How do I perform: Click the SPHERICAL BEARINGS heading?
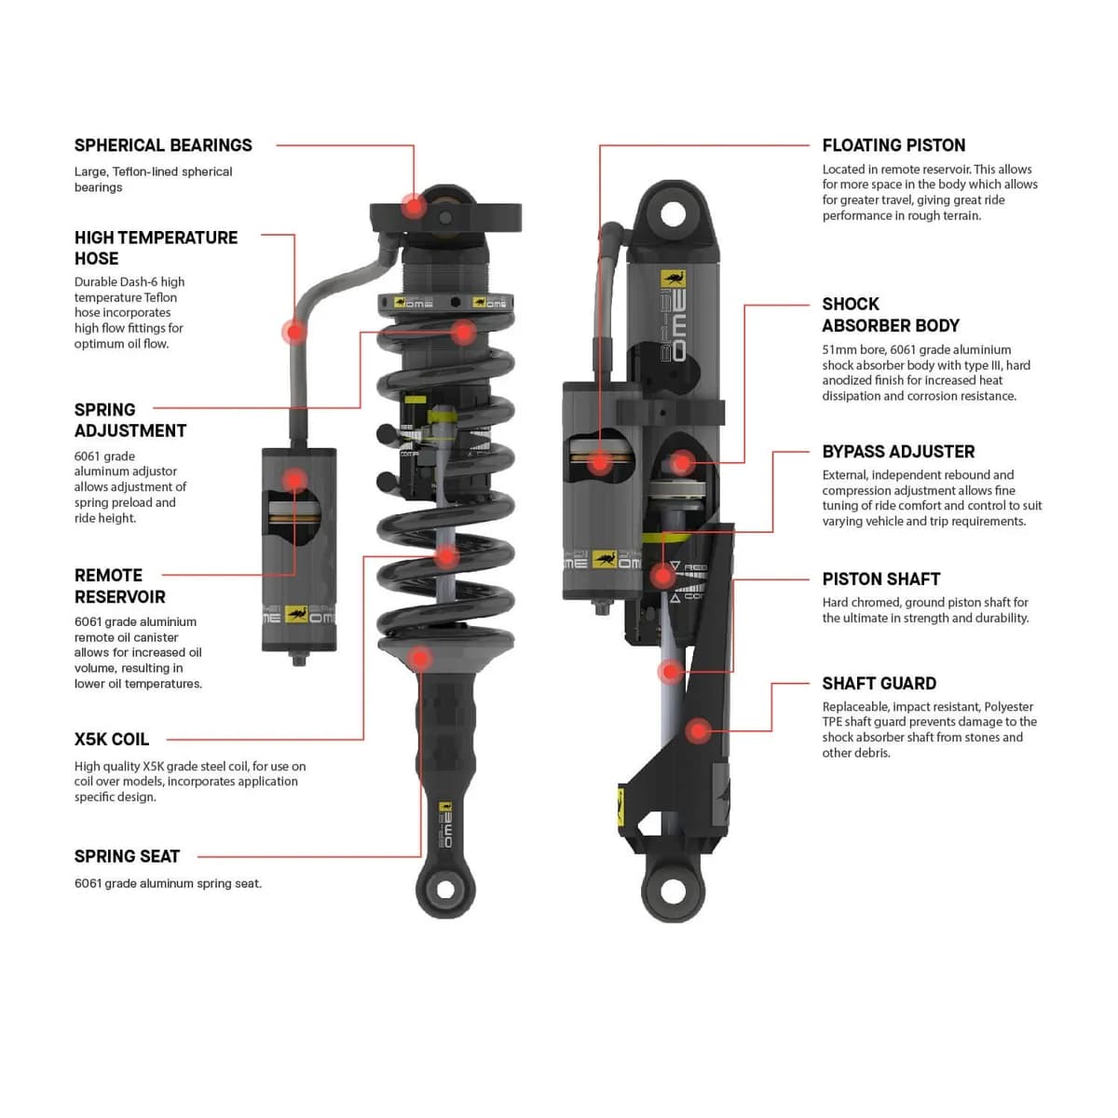[x=163, y=145]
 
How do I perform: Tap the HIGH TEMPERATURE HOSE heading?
[x=156, y=248]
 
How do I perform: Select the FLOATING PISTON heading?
[x=893, y=145]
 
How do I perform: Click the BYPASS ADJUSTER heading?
[x=898, y=452]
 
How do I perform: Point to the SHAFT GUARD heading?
[x=879, y=684]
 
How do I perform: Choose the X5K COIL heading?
[x=112, y=740]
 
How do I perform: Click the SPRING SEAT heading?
[x=127, y=856]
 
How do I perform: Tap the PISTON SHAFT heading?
[x=880, y=579]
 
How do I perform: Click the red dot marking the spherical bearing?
[x=413, y=205]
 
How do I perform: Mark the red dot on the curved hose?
[x=295, y=332]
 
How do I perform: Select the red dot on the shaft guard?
[x=698, y=731]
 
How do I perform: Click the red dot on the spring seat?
[x=420, y=659]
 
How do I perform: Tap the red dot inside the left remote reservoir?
[x=294, y=481]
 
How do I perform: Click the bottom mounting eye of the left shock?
[x=445, y=890]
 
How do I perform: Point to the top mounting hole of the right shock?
[x=673, y=214]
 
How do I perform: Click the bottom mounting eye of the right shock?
[x=673, y=891]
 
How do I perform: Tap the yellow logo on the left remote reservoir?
[x=296, y=614]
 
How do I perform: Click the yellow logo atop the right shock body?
[x=673, y=279]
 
